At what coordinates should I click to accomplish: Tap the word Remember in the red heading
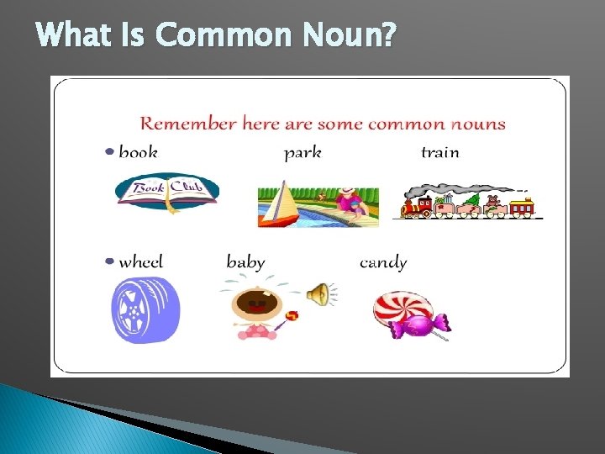[x=187, y=124]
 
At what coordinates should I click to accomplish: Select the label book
[x=138, y=152]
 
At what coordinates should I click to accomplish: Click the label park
[x=302, y=153]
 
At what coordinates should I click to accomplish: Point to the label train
[x=439, y=152]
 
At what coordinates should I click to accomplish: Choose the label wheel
[x=140, y=261]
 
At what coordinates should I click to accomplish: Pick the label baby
[x=245, y=261]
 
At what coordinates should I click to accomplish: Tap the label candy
[x=382, y=262]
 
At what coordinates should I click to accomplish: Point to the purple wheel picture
[x=145, y=310]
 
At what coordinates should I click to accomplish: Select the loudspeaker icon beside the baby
[x=318, y=294]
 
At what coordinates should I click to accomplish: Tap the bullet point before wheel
[x=109, y=261]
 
